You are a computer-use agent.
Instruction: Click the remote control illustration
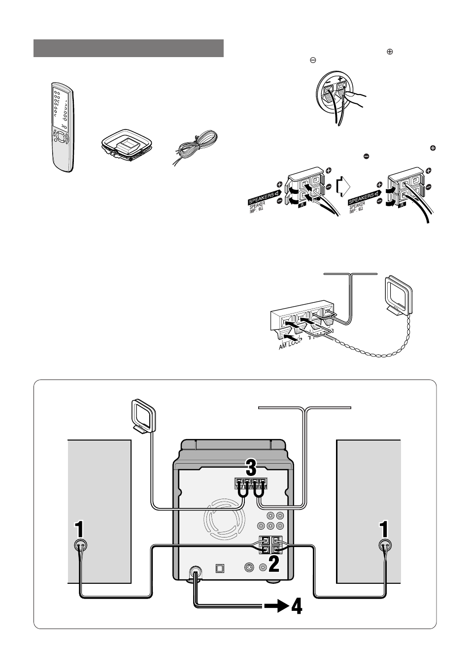63,127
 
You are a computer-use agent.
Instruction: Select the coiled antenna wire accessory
196,147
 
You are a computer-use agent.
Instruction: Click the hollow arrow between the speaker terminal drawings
343,188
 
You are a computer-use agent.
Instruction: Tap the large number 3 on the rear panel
251,467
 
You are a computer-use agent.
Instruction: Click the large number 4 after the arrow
296,606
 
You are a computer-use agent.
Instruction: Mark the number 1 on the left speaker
79,530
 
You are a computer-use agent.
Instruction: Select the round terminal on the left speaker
80,545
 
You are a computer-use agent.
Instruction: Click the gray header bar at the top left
129,48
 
